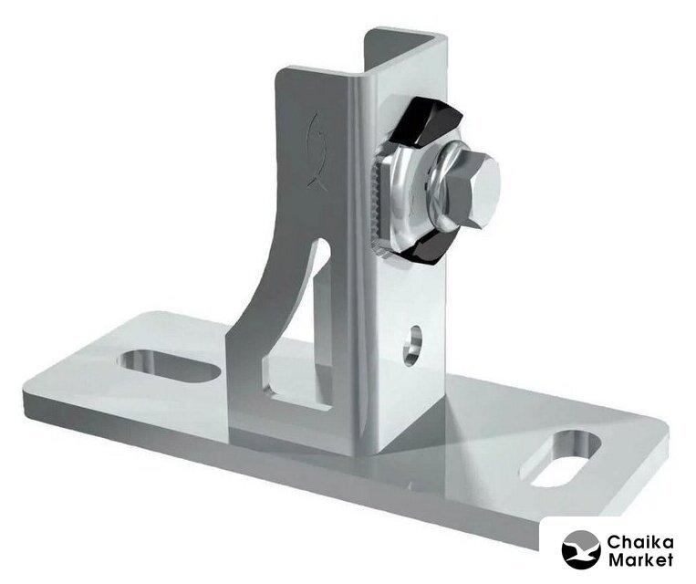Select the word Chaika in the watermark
640,543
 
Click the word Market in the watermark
640,559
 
